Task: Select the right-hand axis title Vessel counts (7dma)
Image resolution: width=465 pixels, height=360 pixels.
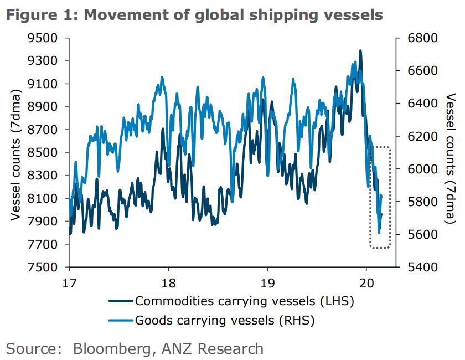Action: [451, 152]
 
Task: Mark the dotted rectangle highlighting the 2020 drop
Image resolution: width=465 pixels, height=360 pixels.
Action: [380, 197]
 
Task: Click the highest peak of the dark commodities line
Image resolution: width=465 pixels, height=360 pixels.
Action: [360, 51]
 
